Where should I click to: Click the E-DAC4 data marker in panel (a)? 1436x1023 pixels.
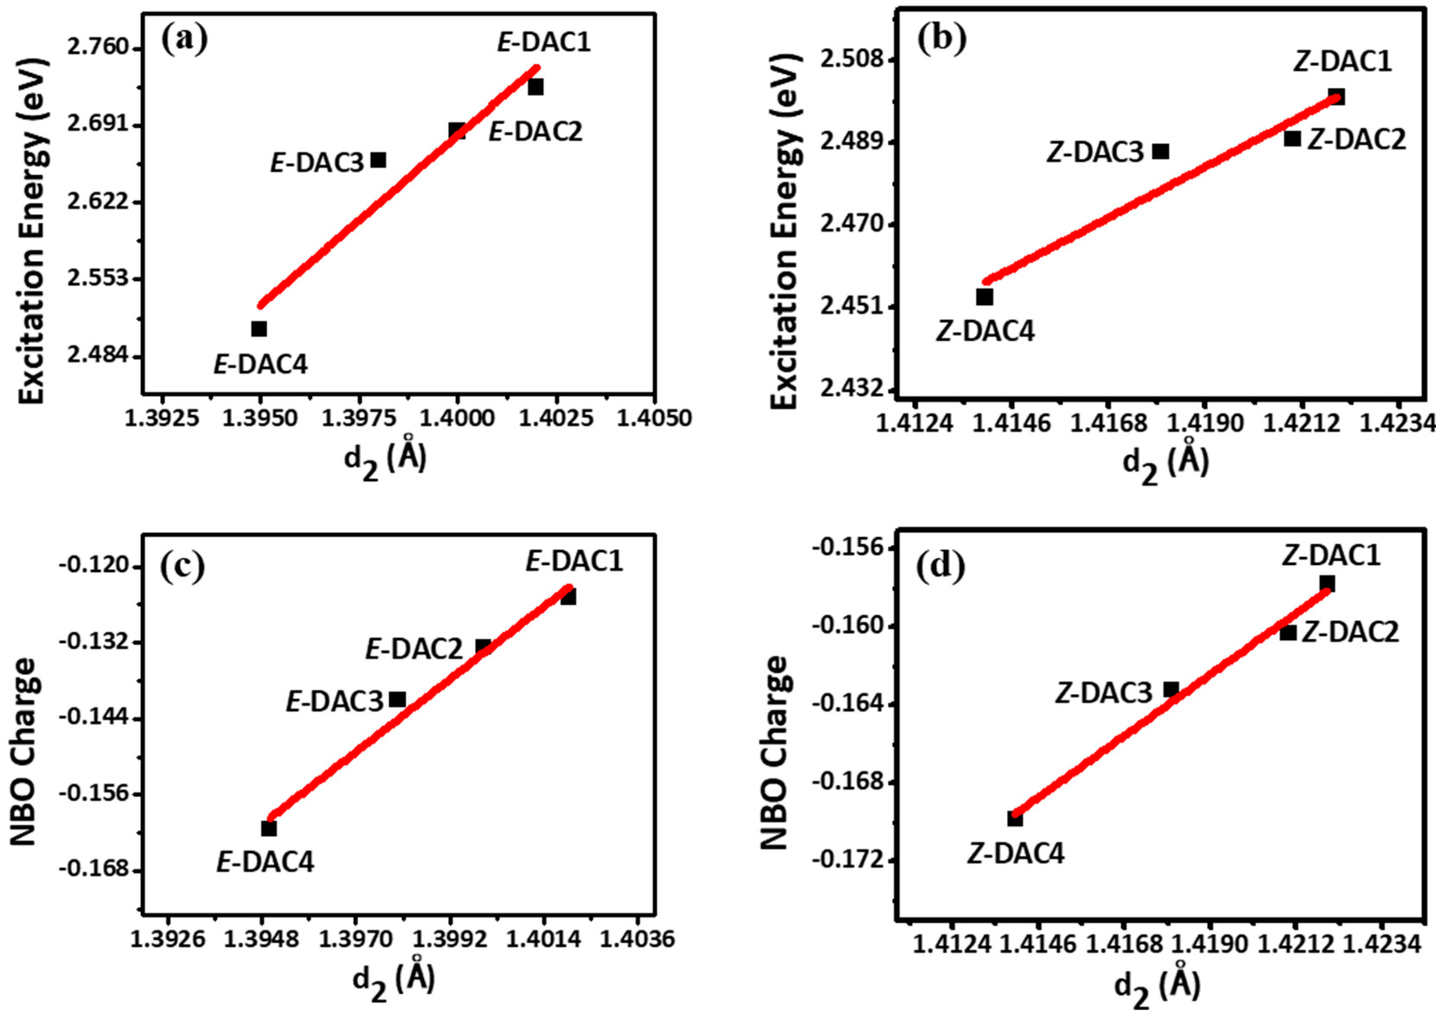[259, 329]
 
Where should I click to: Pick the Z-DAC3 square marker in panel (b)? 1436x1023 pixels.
[1161, 151]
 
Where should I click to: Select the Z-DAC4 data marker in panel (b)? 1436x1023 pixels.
[985, 297]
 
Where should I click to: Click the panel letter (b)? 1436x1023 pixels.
[942, 40]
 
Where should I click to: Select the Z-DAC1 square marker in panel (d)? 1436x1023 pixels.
[1327, 584]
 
